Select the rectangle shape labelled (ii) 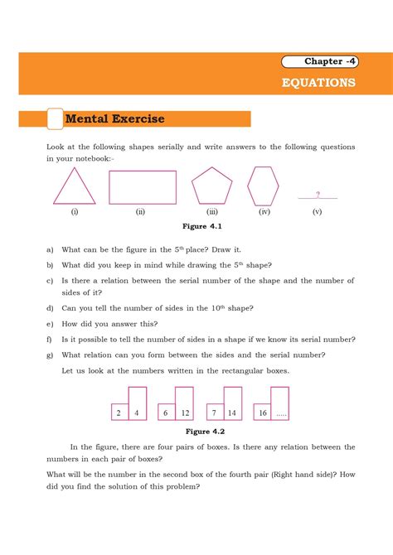[x=143, y=187]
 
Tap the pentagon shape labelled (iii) [x=212, y=186]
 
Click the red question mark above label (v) [x=318, y=195]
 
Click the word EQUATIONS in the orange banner [x=318, y=83]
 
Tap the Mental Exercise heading [x=116, y=119]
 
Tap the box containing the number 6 [x=165, y=413]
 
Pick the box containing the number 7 [x=214, y=413]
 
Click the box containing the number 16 [x=261, y=413]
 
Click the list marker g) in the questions [x=51, y=355]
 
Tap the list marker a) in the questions [x=51, y=249]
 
